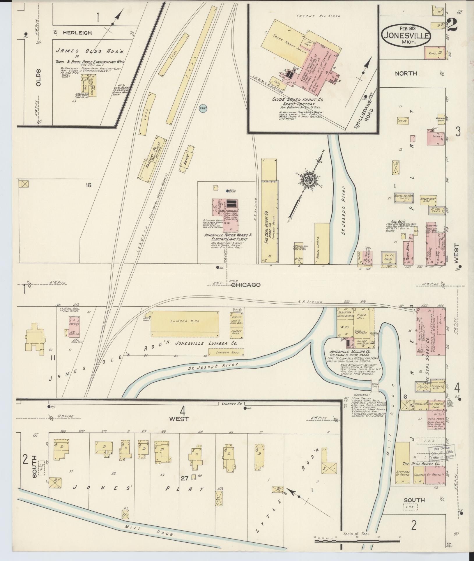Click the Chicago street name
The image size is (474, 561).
click(246, 285)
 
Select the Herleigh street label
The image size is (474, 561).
click(77, 33)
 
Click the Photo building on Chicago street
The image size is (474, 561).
click(389, 259)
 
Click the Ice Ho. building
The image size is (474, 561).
click(402, 120)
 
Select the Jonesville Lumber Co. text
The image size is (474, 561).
click(206, 344)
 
